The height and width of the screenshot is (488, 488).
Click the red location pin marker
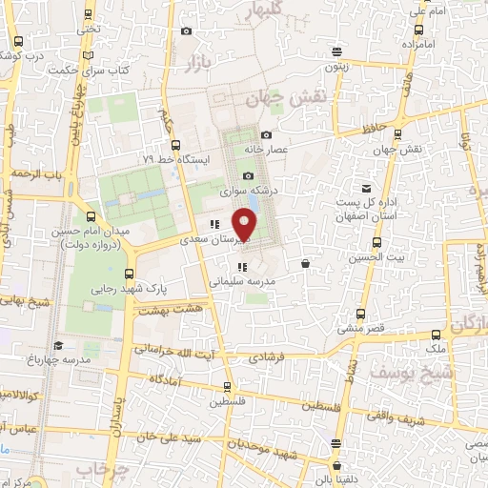[246, 226]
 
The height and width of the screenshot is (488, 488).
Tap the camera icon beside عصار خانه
[266, 135]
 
